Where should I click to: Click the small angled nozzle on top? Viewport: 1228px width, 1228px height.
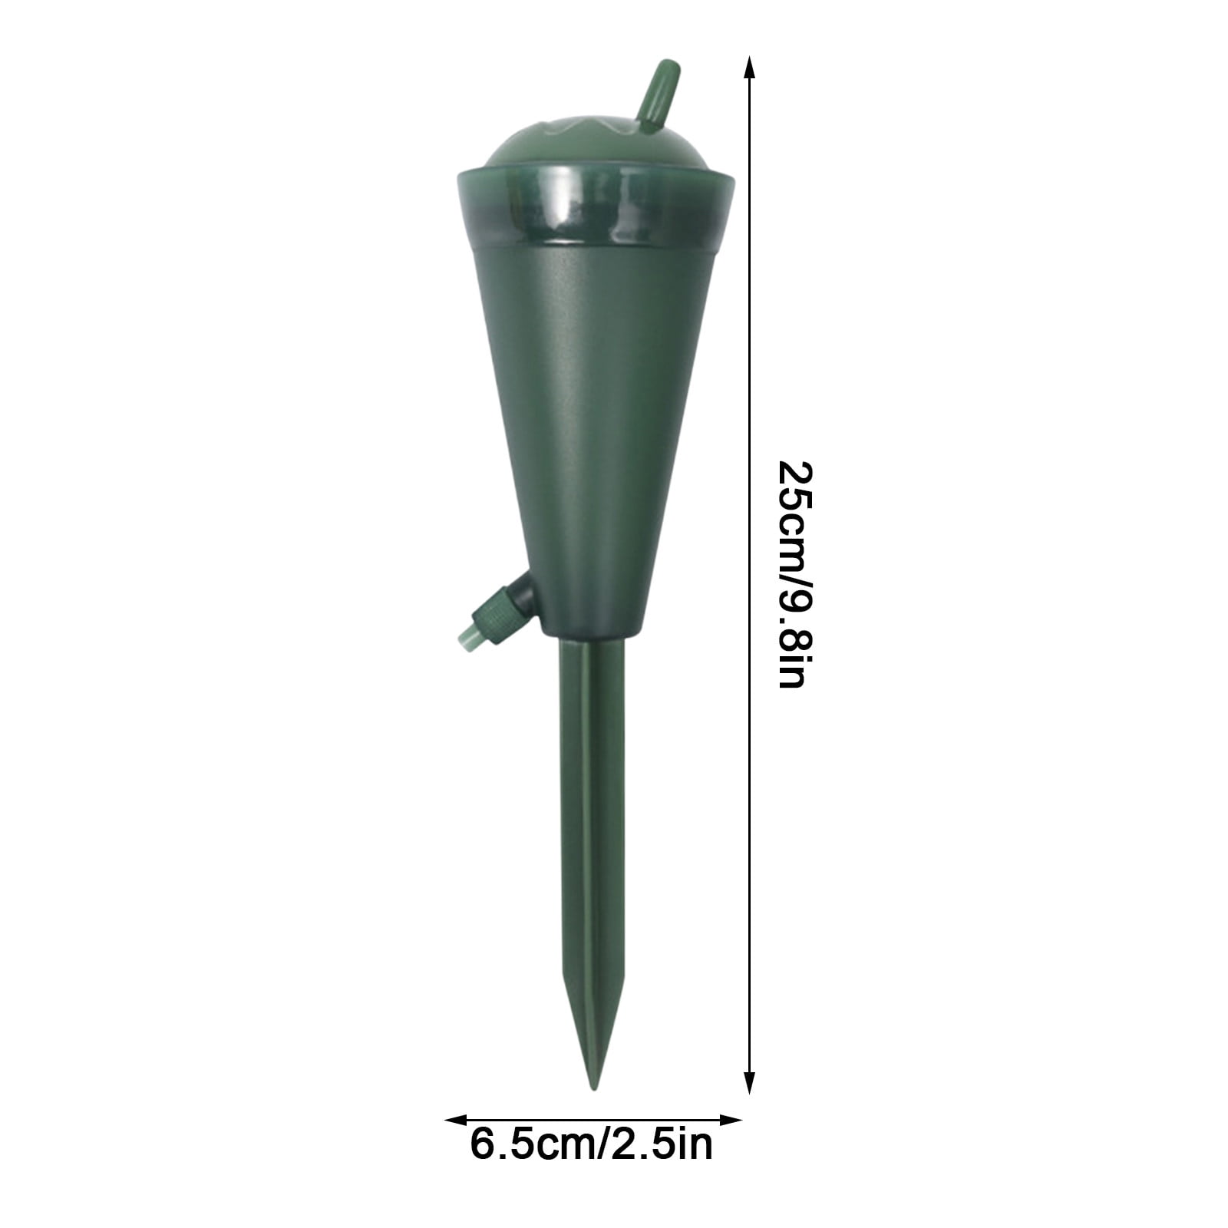(x=658, y=97)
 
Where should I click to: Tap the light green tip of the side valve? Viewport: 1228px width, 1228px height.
(x=467, y=635)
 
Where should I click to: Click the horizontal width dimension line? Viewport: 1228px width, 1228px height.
(x=595, y=1120)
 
